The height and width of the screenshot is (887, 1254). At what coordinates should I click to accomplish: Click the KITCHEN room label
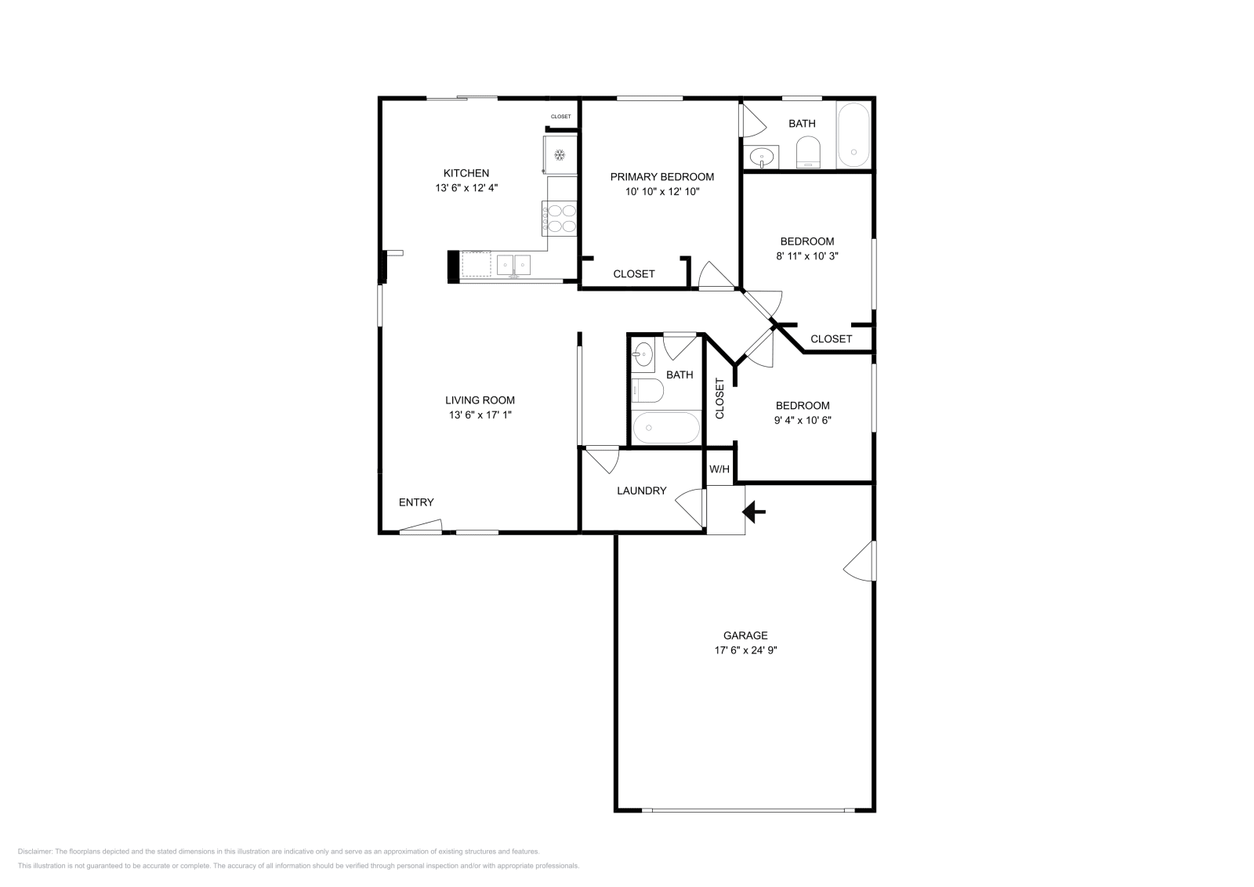(466, 173)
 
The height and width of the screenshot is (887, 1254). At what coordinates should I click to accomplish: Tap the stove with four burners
(560, 219)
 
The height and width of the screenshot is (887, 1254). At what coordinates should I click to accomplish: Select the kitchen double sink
(513, 265)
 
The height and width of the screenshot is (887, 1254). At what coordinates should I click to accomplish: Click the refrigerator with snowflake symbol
(560, 154)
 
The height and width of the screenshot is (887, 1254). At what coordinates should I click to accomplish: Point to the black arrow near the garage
(754, 512)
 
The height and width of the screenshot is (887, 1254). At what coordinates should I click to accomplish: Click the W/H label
(719, 469)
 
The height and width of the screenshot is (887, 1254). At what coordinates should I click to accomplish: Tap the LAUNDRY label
(642, 491)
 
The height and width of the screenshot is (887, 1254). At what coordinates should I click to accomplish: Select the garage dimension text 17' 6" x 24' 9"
(745, 650)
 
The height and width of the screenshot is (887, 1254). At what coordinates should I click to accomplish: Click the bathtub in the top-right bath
(854, 135)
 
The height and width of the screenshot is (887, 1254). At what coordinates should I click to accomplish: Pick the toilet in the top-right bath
(808, 152)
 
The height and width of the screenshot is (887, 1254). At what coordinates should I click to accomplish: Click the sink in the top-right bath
(761, 157)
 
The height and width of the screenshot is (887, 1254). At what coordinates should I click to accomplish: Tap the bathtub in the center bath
(666, 428)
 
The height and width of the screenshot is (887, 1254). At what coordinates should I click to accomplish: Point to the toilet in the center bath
(647, 391)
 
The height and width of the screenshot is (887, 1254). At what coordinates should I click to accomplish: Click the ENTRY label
(416, 502)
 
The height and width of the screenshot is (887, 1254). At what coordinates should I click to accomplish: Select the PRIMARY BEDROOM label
(662, 177)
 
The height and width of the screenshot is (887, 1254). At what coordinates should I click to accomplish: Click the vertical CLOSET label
(720, 399)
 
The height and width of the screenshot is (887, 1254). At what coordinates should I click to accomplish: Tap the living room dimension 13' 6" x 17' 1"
(480, 415)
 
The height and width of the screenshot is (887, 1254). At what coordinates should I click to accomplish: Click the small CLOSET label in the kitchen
(561, 117)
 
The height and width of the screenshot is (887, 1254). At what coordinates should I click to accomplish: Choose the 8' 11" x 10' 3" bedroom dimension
(807, 256)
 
